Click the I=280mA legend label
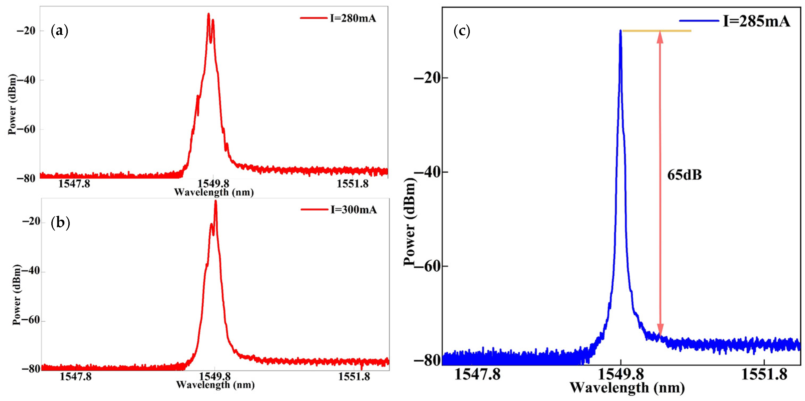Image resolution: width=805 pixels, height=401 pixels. (x=353, y=18)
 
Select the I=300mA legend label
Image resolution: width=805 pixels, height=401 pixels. (x=354, y=210)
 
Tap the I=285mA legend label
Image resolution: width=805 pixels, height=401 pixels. (x=756, y=21)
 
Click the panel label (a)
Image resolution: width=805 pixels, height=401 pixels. (x=59, y=31)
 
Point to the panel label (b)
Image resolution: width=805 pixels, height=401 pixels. (x=60, y=223)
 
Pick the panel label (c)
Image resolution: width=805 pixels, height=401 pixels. (x=462, y=32)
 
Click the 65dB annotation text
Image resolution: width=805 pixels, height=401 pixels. (x=684, y=175)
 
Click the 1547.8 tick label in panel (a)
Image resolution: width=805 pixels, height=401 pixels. (x=74, y=184)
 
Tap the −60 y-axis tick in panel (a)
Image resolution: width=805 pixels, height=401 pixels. (x=26, y=129)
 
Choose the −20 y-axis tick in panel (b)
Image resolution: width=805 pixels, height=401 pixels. (x=31, y=222)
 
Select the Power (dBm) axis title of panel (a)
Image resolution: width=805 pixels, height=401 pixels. (x=12, y=105)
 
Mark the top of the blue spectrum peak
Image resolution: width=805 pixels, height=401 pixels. (x=620, y=31)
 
